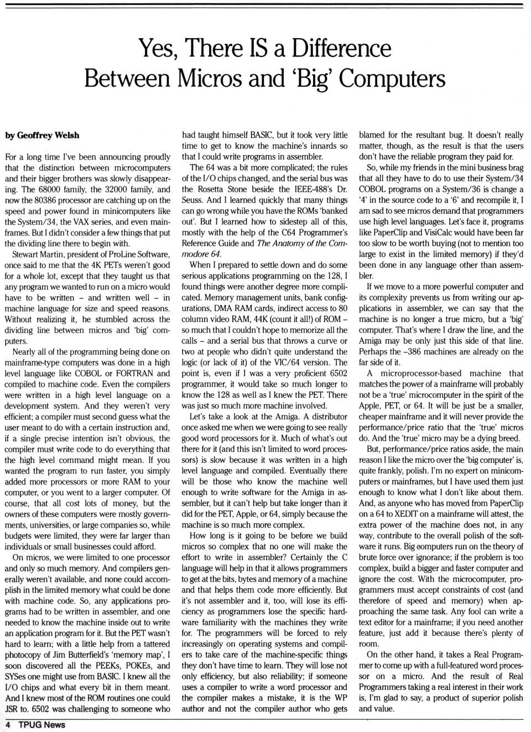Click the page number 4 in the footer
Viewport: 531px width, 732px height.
click(x=8, y=725)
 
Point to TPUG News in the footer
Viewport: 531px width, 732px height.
click(x=41, y=725)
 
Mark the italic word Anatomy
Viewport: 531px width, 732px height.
click(x=289, y=244)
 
